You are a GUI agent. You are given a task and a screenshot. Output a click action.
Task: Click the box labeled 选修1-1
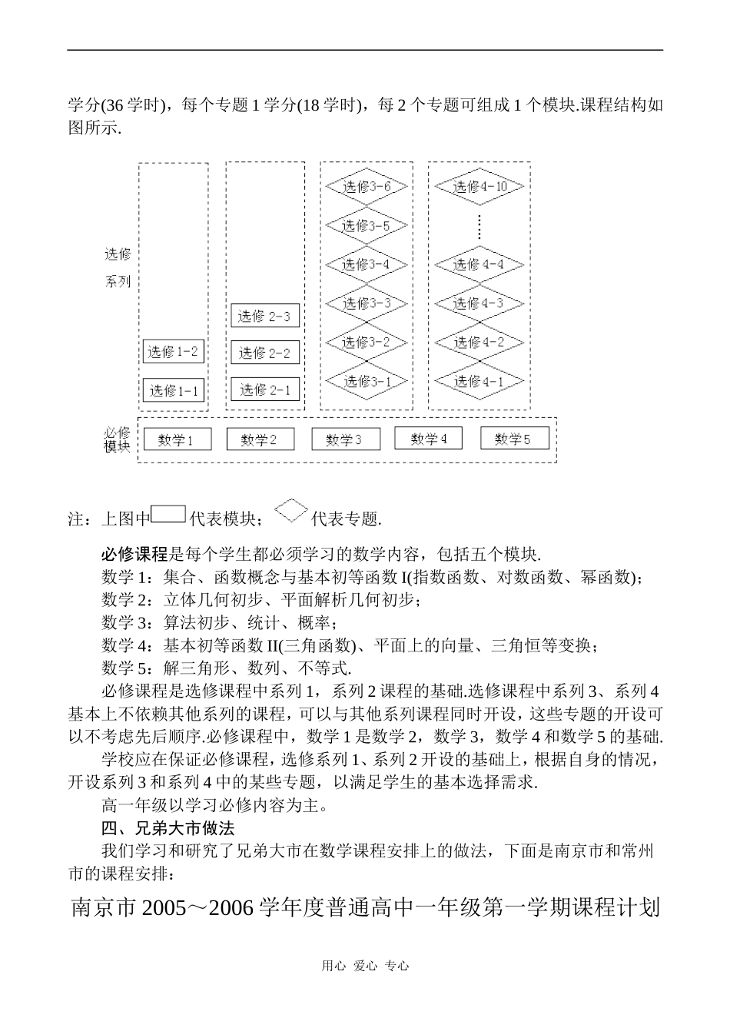[x=174, y=390]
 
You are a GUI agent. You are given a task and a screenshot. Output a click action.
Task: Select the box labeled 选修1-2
[x=174, y=352]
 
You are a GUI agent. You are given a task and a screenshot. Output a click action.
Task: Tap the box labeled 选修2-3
[x=264, y=316]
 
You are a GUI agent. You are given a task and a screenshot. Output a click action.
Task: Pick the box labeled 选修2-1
[x=264, y=390]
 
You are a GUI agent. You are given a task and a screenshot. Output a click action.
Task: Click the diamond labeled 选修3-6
[x=367, y=187]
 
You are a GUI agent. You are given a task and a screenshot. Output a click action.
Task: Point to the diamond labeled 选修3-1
[x=367, y=381]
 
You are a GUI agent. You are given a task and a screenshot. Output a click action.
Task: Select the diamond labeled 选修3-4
[x=367, y=264]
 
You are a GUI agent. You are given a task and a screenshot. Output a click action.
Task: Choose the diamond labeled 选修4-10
[x=479, y=187]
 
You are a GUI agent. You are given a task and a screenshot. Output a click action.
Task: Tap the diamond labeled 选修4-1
[x=479, y=381]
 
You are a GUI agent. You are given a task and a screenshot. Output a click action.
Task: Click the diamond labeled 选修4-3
[x=479, y=303]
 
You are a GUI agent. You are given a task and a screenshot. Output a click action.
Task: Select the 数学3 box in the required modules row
[x=343, y=440]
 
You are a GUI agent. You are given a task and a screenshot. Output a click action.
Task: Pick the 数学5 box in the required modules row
[x=513, y=439]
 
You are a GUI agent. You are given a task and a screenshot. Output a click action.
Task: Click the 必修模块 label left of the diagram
[x=117, y=440]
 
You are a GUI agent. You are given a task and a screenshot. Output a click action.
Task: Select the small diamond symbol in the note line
[x=290, y=511]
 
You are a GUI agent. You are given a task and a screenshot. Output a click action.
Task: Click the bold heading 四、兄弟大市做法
[x=168, y=828]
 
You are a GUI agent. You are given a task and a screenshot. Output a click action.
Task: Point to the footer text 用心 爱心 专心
[x=365, y=966]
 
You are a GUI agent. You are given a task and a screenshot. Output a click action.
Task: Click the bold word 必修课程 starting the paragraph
[x=134, y=554]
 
